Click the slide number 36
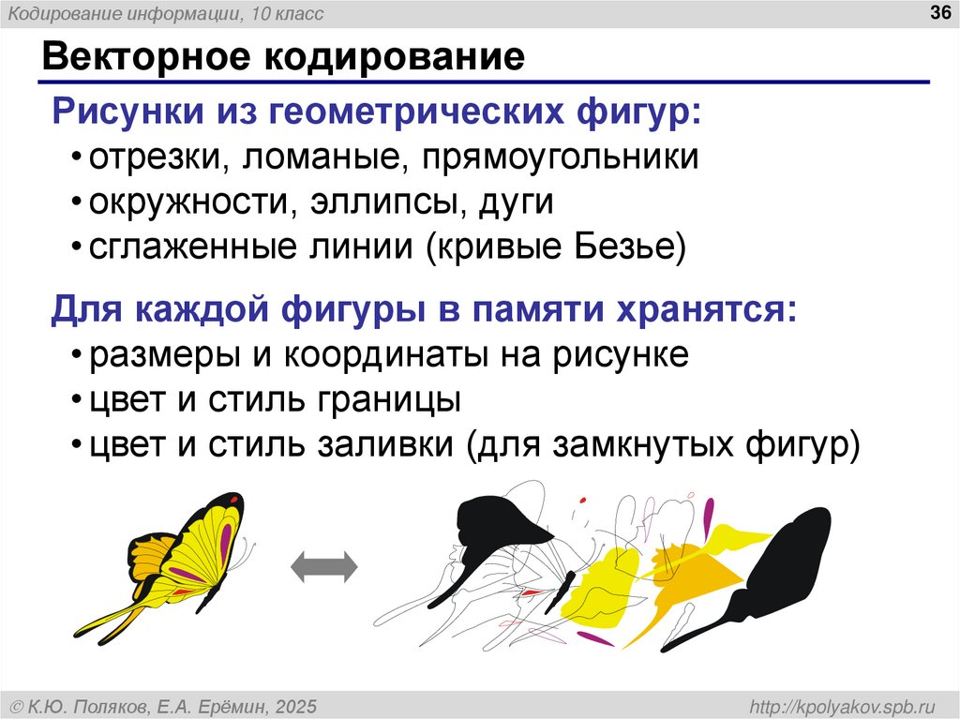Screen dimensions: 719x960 [x=937, y=13]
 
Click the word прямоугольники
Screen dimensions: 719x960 [x=561, y=157]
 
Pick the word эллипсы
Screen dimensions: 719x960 [x=391, y=202]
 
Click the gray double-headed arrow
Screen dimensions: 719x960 [x=324, y=567]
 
